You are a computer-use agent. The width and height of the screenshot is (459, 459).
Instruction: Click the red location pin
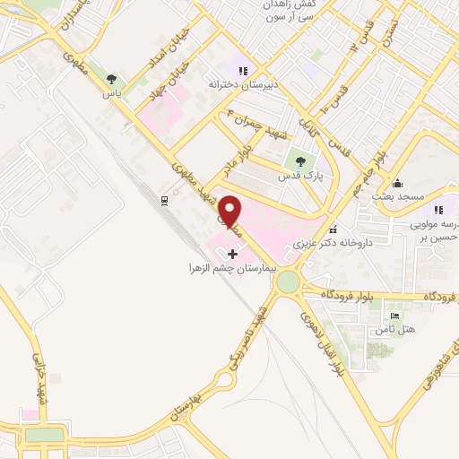pos(230,211)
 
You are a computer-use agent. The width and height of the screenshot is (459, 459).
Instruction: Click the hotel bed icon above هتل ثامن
pos(396,316)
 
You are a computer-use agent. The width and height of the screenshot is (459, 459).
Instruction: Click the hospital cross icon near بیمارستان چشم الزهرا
pos(234,255)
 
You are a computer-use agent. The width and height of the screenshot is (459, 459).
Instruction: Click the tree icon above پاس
pos(112,79)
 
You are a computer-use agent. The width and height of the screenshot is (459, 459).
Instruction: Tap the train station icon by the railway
pos(164,200)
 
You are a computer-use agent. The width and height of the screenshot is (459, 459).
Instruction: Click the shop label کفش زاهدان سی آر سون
pos(269,12)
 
